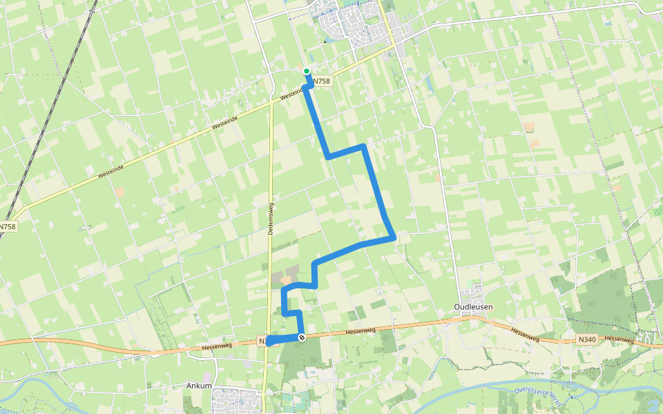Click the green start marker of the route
pos(307,70)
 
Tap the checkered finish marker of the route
pos(302,337)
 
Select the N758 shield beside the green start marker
pos(322,81)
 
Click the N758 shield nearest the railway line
pos(8,226)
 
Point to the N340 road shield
pos(586,339)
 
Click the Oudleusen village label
pos(472,306)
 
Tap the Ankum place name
pos(199,386)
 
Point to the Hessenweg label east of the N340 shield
pos(618,339)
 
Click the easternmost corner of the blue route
pos(394,238)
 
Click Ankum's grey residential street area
pos(235,399)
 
